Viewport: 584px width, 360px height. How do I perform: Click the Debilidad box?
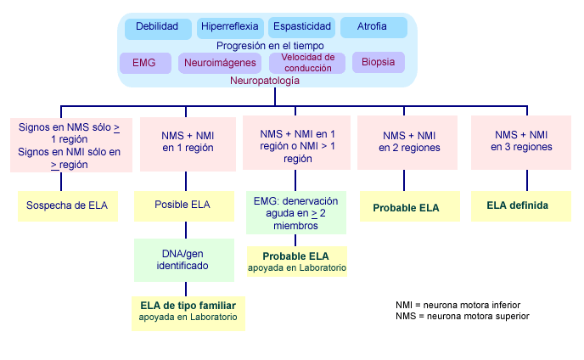[158, 28]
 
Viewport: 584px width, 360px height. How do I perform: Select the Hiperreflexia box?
[230, 28]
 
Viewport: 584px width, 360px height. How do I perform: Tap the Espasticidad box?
[301, 27]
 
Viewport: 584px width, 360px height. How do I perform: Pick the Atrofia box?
[373, 27]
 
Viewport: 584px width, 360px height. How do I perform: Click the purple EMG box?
[145, 63]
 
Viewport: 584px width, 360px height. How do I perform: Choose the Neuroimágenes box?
[220, 63]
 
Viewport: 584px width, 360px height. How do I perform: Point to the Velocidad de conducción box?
[307, 63]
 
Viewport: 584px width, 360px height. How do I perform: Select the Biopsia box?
[379, 62]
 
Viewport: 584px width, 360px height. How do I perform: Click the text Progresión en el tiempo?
[270, 46]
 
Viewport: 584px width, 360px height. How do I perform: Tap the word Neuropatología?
[265, 81]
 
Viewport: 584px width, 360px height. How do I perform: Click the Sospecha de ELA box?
[68, 206]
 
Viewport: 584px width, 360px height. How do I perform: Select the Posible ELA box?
[184, 206]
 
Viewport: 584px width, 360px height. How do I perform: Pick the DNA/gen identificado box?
[184, 260]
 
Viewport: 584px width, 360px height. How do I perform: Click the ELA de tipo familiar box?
[188, 313]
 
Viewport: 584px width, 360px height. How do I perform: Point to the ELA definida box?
[521, 206]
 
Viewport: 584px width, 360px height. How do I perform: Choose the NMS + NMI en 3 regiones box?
[521, 143]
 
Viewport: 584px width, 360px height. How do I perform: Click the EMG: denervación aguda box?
[296, 213]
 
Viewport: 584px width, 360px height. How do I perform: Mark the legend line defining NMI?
[458, 305]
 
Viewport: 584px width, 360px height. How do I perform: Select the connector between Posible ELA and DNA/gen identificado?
[186, 230]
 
